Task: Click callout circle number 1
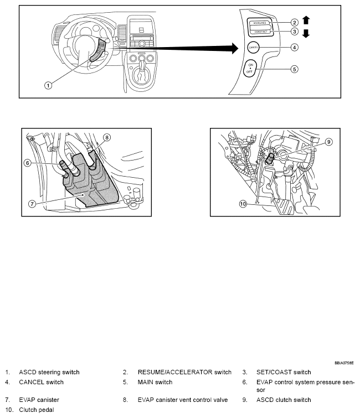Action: pos(48,86)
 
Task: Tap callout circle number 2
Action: pos(295,22)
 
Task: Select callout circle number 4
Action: pos(295,48)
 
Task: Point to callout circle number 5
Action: pos(295,69)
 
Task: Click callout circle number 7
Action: pos(33,203)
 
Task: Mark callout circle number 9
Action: pos(328,142)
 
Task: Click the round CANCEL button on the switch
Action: pos(254,48)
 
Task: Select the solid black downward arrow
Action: pos(306,34)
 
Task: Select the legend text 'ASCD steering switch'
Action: pos(49,372)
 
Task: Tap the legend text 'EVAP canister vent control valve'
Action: pos(183,400)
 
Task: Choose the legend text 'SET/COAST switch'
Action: pos(283,372)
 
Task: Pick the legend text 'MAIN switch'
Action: pos(155,382)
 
